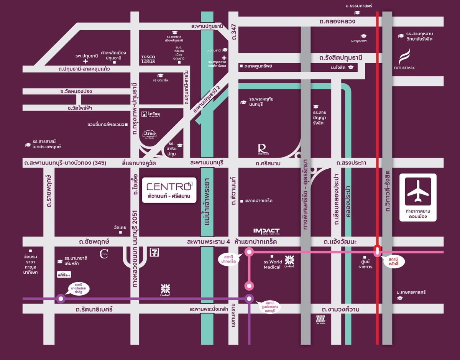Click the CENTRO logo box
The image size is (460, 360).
point(169,190)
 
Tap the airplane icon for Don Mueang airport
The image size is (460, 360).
point(418,191)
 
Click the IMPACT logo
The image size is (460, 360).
point(266,231)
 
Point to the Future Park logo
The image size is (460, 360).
point(404,60)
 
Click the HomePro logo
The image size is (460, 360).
point(64,275)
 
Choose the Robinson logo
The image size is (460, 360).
point(262,149)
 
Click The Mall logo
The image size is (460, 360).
point(320,319)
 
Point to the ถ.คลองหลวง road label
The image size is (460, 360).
point(337,21)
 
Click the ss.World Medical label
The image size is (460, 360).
point(273,265)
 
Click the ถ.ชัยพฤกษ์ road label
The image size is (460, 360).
point(94,242)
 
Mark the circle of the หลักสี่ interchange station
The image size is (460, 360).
point(377,251)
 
